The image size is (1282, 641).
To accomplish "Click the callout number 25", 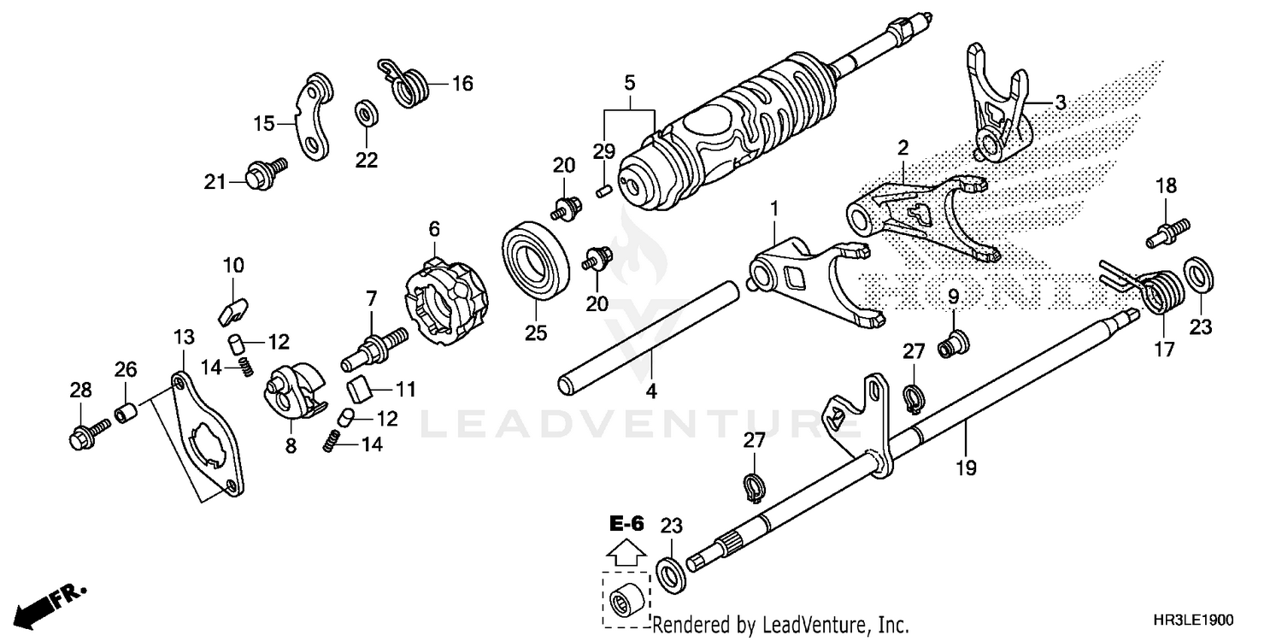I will (535, 332).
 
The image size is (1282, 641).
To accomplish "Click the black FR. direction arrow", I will (34, 608).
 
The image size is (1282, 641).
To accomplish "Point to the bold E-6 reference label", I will (627, 522).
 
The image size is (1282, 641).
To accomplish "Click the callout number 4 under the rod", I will (651, 391).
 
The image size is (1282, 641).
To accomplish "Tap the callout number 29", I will (603, 151).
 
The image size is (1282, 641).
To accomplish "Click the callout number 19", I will (967, 468).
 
